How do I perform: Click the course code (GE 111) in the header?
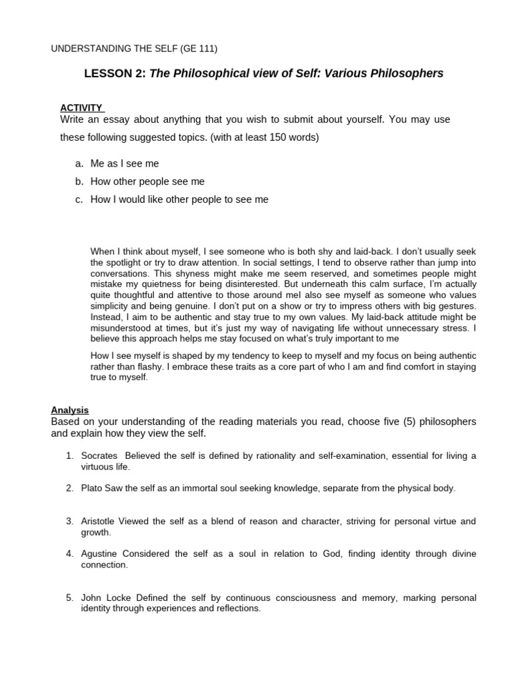[x=199, y=49]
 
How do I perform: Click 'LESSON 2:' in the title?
[x=115, y=74]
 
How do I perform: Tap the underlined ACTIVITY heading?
[x=81, y=107]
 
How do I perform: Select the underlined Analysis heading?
[x=70, y=410]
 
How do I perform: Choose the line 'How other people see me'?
[x=149, y=181]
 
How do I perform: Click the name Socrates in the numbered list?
[x=99, y=456]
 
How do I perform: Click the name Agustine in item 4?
[x=101, y=554]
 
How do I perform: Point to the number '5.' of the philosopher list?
[x=69, y=598]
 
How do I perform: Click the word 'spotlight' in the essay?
[x=109, y=263]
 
